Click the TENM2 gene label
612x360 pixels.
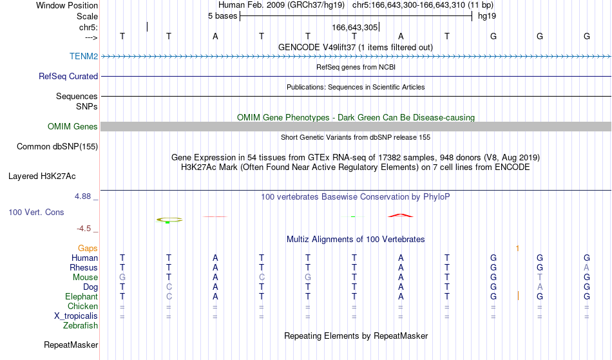coord(84,56)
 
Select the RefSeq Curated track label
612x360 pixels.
coord(68,77)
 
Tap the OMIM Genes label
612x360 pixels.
coord(73,126)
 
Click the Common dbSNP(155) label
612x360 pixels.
coord(57,147)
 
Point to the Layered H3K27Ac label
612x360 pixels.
coord(42,176)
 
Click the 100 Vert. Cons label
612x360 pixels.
coord(36,212)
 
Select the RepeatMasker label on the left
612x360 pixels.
coord(71,345)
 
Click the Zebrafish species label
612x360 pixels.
coord(81,325)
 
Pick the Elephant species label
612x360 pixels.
coord(82,296)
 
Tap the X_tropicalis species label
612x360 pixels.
coord(76,316)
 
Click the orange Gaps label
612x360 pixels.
coord(88,249)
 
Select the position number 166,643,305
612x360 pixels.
coord(355,27)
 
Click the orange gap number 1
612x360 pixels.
coord(517,249)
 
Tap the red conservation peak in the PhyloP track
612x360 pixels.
coord(401,214)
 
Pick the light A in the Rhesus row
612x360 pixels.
coord(586,267)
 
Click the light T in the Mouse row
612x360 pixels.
coord(540,278)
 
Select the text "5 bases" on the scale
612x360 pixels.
coord(222,16)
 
